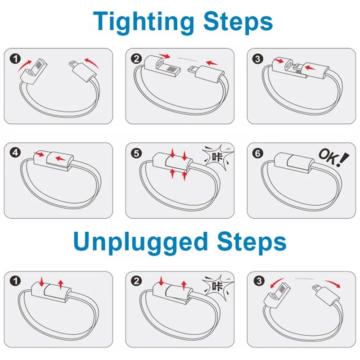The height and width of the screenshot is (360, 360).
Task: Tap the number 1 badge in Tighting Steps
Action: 16,58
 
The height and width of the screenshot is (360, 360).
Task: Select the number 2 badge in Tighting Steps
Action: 136,58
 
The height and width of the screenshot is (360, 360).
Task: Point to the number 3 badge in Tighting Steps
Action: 258,58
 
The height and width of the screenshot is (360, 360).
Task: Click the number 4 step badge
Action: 16,153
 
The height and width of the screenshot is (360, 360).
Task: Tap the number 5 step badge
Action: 136,153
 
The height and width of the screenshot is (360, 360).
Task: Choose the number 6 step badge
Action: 258,153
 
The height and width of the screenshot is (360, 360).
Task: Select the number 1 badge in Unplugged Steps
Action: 16,282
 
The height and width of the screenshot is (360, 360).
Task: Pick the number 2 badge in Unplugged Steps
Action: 136,282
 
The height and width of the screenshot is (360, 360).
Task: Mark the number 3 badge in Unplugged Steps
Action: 258,282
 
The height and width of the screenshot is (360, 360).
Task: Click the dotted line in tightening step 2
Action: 189,58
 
